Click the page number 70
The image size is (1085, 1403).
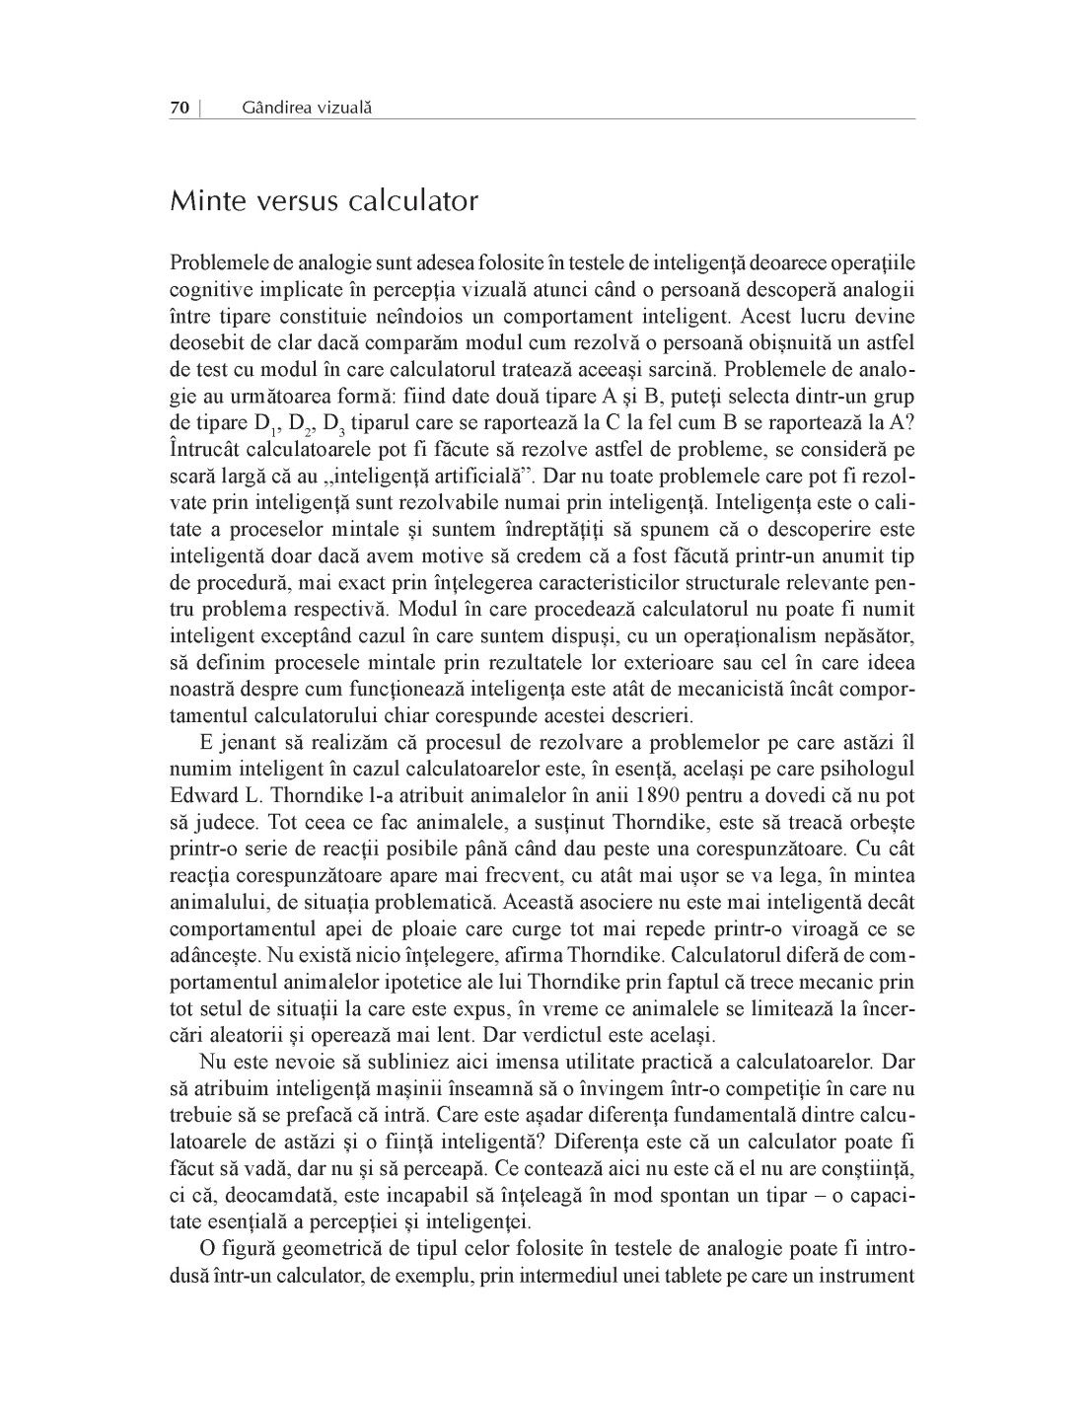(180, 108)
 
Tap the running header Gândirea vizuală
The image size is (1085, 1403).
(306, 108)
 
